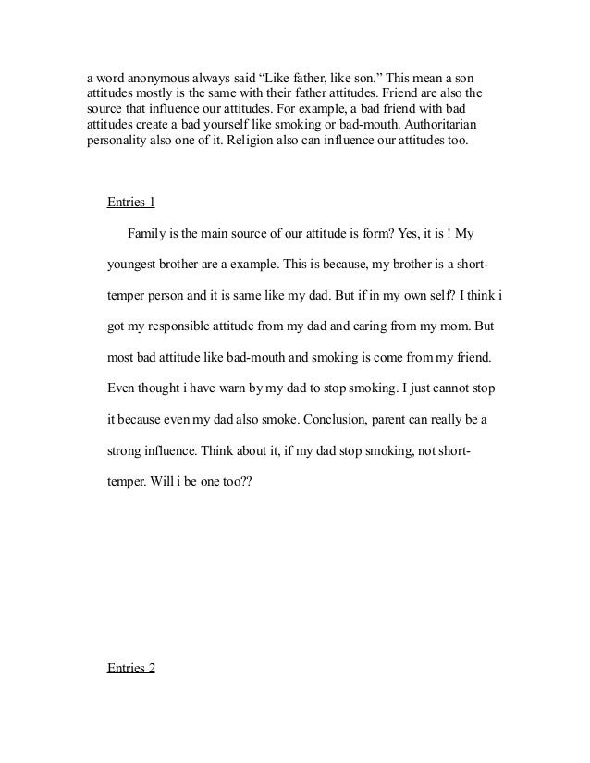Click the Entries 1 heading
(130, 203)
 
